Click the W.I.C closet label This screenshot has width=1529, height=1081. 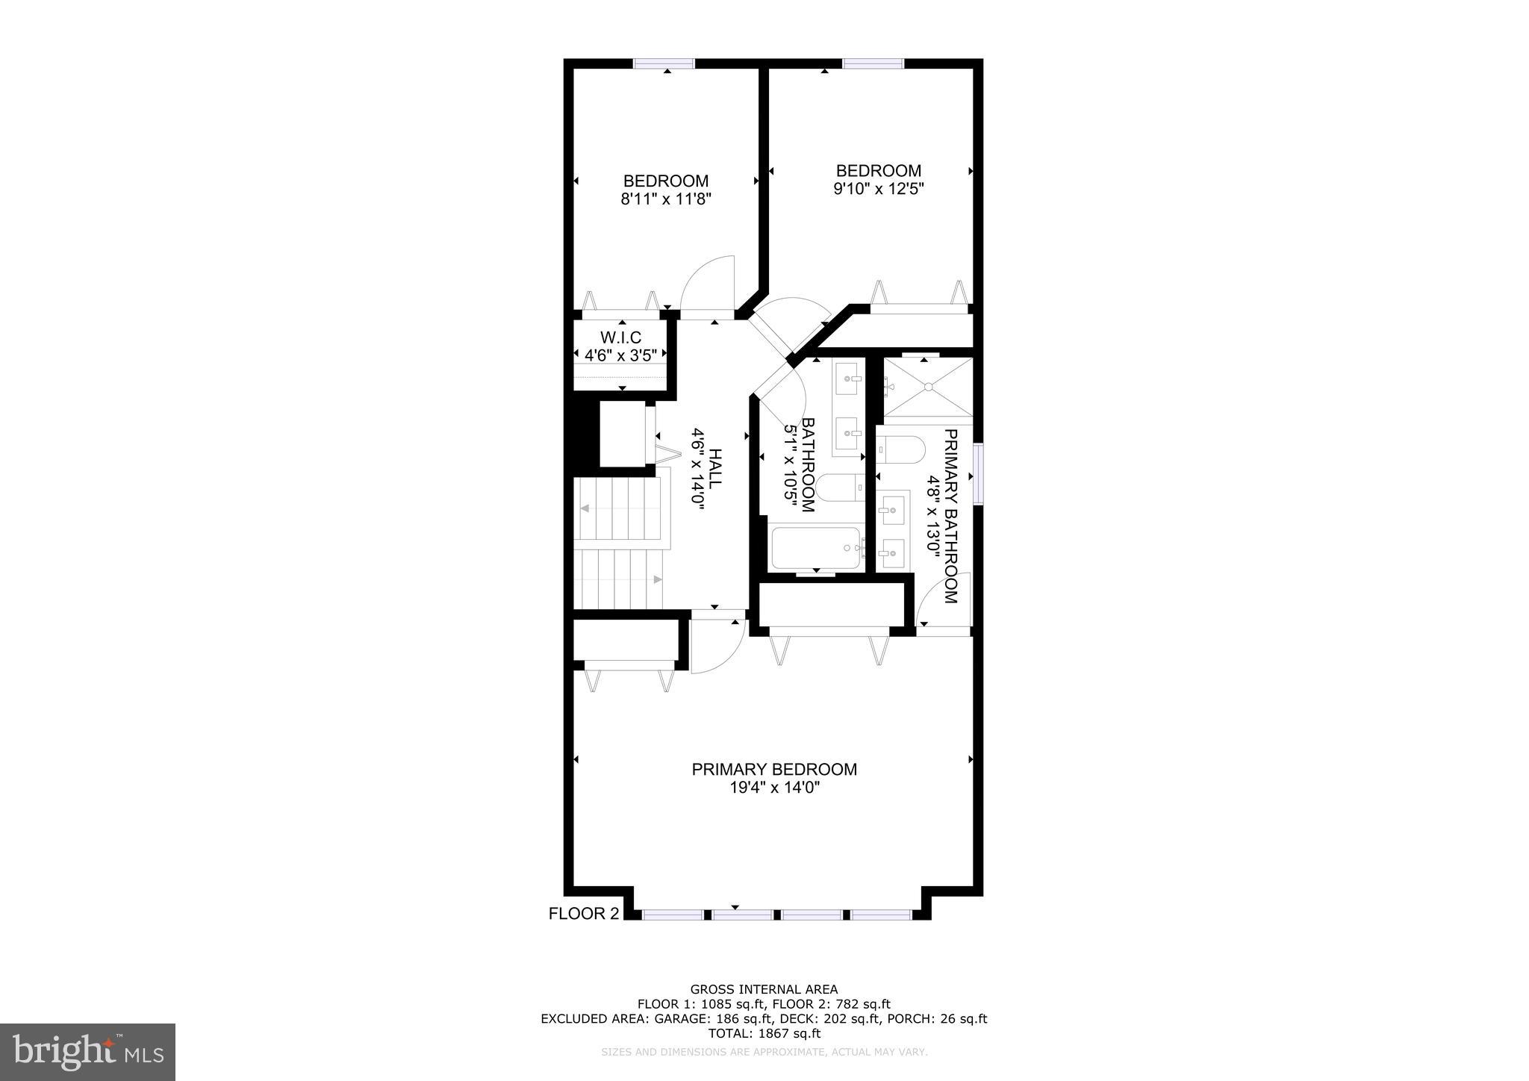(x=620, y=338)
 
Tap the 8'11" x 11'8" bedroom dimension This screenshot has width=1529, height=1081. (x=666, y=199)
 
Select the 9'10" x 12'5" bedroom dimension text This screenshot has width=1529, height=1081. (x=879, y=189)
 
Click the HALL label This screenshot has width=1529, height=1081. (x=714, y=469)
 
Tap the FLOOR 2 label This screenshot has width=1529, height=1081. (x=584, y=914)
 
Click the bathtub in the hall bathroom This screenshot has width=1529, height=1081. (x=815, y=548)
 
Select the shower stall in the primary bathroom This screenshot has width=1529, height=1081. (x=928, y=387)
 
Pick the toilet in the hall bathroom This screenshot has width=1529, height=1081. (x=839, y=488)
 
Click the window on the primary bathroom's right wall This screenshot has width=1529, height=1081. (x=978, y=473)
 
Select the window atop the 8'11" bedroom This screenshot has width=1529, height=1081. (x=664, y=63)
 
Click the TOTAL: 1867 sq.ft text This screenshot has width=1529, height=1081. (x=764, y=1034)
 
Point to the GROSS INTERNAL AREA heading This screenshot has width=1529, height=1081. (x=764, y=990)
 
